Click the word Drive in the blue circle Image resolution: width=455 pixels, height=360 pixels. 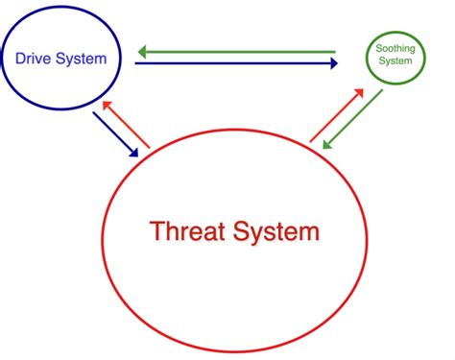click(35, 59)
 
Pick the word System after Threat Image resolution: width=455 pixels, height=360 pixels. click(277, 231)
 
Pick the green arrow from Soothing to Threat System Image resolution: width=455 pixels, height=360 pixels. click(354, 119)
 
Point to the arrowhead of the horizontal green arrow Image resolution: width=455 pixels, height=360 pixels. click(141, 51)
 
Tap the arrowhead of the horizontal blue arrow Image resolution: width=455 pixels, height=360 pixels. click(333, 63)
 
